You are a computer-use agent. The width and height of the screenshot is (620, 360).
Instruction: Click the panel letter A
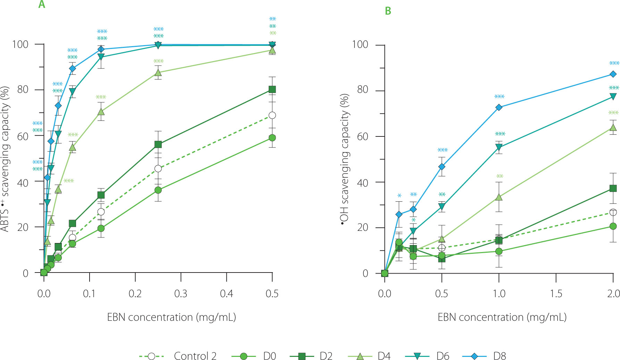pyautogui.click(x=42, y=5)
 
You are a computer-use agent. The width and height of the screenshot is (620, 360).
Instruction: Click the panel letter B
pyautogui.click(x=388, y=11)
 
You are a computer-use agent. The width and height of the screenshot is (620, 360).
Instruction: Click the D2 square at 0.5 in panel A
pyautogui.click(x=273, y=90)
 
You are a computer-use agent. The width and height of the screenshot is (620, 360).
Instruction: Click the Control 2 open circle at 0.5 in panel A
pyautogui.click(x=273, y=115)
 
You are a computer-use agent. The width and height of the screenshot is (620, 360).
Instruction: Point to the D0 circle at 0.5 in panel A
pyautogui.click(x=273, y=138)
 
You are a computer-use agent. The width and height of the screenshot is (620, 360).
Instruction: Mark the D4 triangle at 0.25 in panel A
pyautogui.click(x=158, y=73)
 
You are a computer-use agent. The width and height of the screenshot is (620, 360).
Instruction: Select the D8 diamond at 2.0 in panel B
pyautogui.click(x=613, y=74)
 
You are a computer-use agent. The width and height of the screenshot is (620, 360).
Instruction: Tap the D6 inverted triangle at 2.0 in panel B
pyautogui.click(x=613, y=97)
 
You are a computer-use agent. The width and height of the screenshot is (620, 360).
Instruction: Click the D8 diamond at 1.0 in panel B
pyautogui.click(x=499, y=108)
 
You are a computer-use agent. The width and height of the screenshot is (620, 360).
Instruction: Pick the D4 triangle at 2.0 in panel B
pyautogui.click(x=613, y=128)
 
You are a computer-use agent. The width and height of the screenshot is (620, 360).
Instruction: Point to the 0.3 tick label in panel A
pyautogui.click(x=181, y=294)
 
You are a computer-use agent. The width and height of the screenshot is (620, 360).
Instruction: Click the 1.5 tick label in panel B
pyautogui.click(x=556, y=294)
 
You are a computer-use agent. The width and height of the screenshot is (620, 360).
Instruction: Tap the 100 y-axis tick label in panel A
pyautogui.click(x=20, y=44)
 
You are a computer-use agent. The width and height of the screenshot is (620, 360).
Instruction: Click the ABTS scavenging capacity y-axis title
pyautogui.click(x=5, y=158)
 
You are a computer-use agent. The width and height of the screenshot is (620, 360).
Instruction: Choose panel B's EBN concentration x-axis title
pyautogui.click(x=502, y=317)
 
